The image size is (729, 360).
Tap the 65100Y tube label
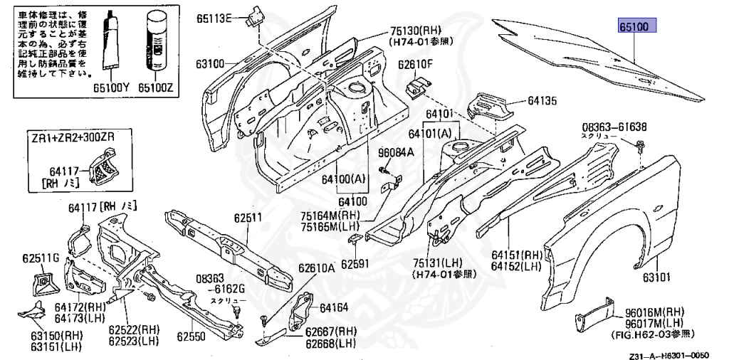point(114,88)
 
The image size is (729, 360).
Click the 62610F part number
point(415,65)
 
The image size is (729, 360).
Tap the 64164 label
point(334,308)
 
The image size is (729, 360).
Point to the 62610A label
point(316,268)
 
